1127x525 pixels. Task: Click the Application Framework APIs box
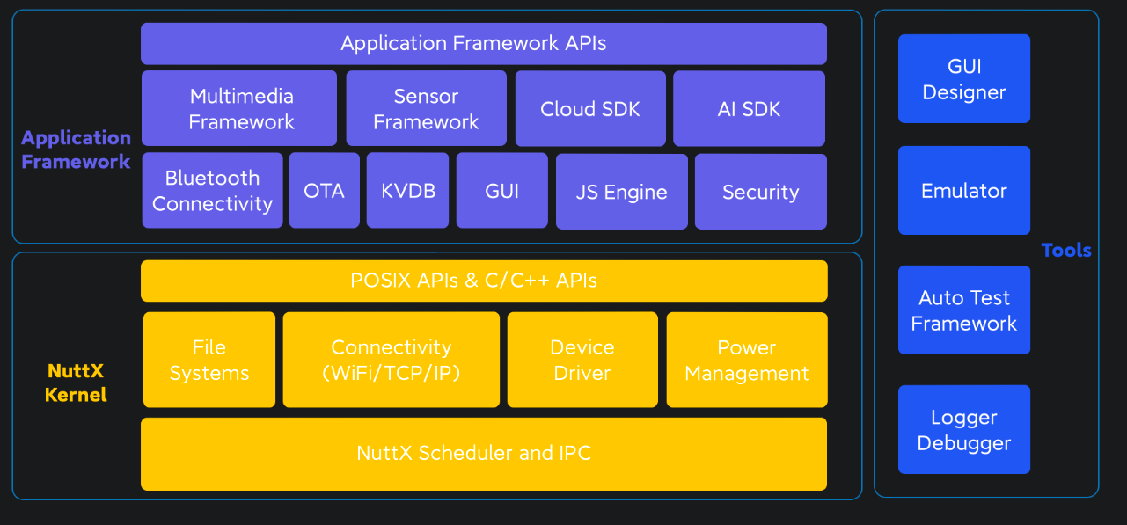(483, 44)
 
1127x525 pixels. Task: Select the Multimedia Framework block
(239, 109)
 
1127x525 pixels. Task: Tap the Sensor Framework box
(426, 109)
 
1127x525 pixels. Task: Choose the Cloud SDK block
(590, 109)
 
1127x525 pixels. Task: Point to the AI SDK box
(749, 109)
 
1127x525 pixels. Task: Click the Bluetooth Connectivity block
(212, 191)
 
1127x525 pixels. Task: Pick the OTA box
(324, 191)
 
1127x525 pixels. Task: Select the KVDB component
(407, 191)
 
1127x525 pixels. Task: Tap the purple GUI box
(501, 191)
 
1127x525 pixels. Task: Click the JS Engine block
(621, 192)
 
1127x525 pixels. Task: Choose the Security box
(760, 192)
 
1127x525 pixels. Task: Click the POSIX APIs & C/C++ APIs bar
(483, 281)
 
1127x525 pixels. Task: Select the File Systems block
(209, 360)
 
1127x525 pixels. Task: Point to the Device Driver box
(582, 360)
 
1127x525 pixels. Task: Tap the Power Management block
(746, 360)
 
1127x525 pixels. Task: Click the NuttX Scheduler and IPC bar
(483, 454)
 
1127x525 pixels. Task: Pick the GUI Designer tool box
(963, 79)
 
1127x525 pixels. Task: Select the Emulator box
(963, 191)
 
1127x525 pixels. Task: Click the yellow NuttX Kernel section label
(76, 383)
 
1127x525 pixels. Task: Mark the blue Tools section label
(1065, 251)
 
